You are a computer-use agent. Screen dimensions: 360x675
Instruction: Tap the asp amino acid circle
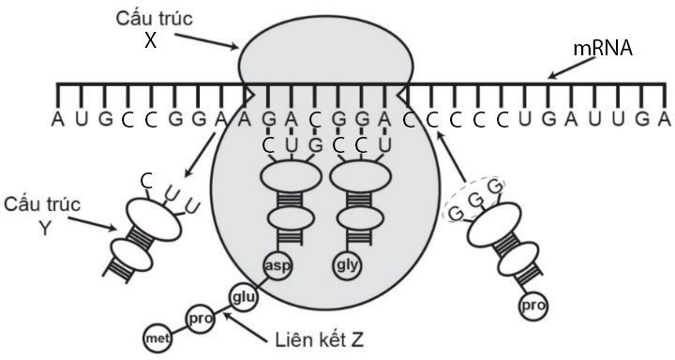point(277,265)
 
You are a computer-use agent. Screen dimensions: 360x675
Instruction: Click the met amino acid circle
point(155,337)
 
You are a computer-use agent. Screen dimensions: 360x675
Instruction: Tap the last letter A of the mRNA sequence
point(664,118)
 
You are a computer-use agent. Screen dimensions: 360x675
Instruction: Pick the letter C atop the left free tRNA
point(146,179)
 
